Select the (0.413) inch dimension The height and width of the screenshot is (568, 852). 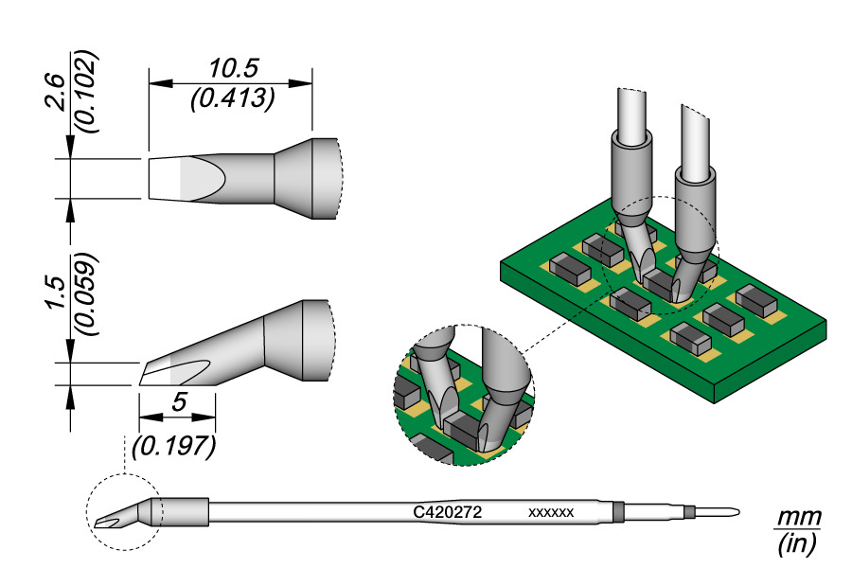coord(232,98)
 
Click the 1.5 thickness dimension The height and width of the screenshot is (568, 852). coord(57,294)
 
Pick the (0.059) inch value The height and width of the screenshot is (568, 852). coord(86,293)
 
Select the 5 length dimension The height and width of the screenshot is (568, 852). coord(177,402)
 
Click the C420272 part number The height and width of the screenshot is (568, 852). coord(449,511)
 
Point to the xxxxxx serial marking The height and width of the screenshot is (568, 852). coord(551,512)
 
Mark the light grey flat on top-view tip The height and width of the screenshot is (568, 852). coord(196,177)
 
